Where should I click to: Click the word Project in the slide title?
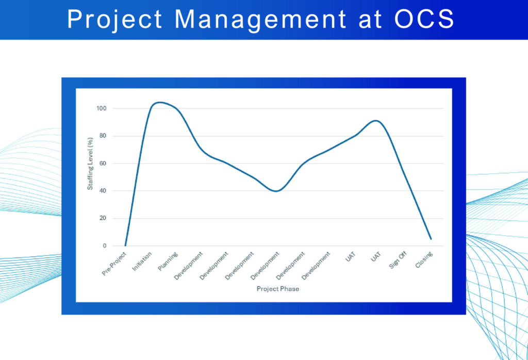(x=115, y=20)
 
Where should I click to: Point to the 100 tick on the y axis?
(x=101, y=109)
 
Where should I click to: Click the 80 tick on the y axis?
(x=102, y=136)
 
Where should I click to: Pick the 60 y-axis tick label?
(x=102, y=163)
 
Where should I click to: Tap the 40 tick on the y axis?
(x=102, y=191)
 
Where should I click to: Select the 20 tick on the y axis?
(x=102, y=218)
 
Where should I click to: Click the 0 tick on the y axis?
(x=104, y=246)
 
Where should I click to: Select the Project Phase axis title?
(x=278, y=289)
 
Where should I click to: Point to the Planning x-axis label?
(x=168, y=260)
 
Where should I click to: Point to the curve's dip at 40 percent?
(x=277, y=191)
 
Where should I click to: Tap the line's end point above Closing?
(x=431, y=239)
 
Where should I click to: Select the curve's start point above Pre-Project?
(x=125, y=246)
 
